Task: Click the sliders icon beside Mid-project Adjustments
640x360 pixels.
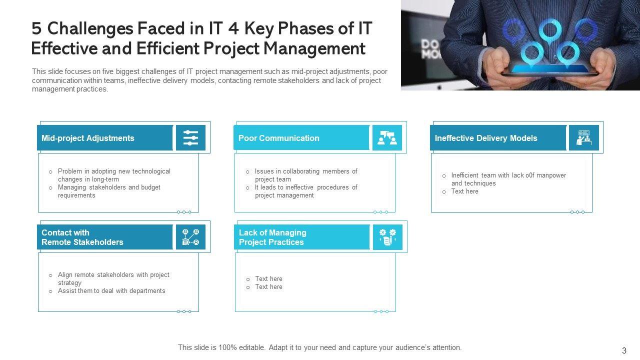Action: (190, 137)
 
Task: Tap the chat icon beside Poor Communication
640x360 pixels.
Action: (387, 137)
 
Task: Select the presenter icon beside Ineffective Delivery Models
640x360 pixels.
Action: (583, 137)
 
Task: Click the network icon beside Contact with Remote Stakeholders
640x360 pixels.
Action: (190, 237)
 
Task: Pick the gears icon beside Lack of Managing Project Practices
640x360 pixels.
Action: (387, 237)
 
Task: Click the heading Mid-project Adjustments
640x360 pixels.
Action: (87, 138)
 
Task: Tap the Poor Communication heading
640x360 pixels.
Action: (278, 138)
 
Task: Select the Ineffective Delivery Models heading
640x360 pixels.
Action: (485, 138)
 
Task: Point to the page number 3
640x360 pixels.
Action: (624, 350)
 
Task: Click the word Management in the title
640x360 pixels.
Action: (314, 48)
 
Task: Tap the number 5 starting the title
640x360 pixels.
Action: (36, 28)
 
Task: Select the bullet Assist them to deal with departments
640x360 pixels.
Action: (111, 291)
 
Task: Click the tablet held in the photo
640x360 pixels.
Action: (550, 70)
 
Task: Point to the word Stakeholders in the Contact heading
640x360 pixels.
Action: (98, 242)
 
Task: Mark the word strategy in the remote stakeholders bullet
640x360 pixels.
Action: (69, 283)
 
